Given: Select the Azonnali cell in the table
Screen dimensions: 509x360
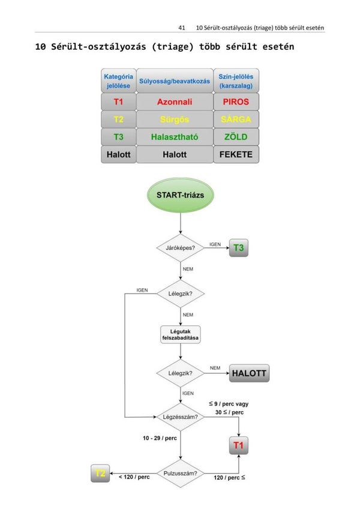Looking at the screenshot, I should coord(174,102).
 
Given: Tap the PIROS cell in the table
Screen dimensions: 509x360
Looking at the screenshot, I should coord(236,102).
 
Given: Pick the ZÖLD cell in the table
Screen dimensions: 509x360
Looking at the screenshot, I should coord(236,137).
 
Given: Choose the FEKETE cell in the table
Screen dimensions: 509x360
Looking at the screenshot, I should coord(236,154).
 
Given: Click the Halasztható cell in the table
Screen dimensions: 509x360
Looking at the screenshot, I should coord(174,137).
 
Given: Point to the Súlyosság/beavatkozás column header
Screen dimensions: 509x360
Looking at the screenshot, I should coord(174,80).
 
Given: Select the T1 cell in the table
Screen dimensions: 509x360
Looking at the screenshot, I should coord(118,102).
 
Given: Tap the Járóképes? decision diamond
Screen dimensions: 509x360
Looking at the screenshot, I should coord(181,247).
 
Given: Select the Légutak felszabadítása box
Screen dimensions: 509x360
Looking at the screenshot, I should coord(181,334).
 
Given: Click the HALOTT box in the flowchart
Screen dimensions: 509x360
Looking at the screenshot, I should coord(249,373).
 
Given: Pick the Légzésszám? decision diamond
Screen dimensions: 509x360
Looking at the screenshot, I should coord(181,417).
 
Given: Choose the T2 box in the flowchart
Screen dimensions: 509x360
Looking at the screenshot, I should coord(100,474).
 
